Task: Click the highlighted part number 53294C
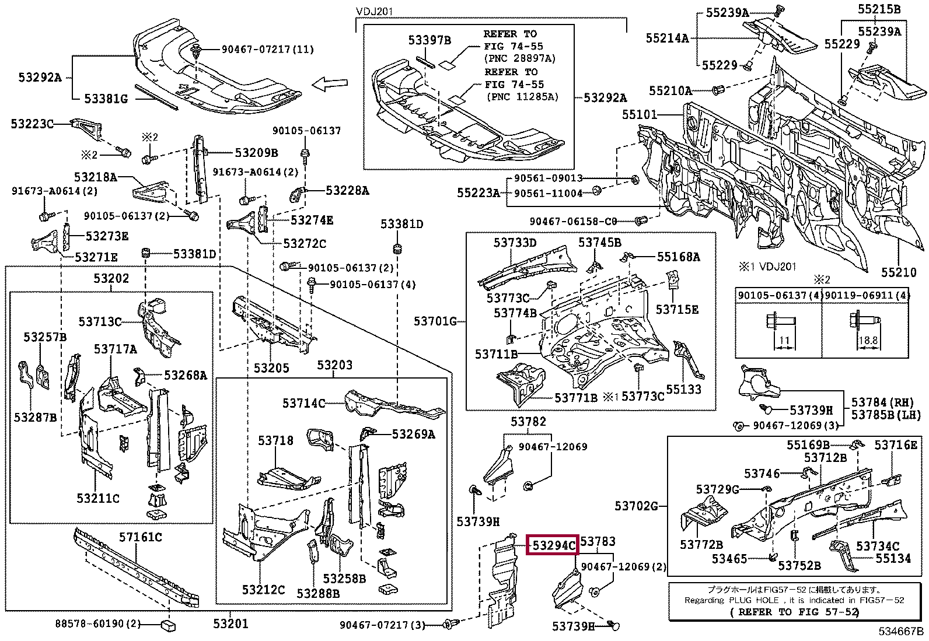(x=551, y=545)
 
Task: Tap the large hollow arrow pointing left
(x=330, y=85)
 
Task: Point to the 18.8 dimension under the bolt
(x=868, y=341)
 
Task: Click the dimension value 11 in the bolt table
(x=784, y=341)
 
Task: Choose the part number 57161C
(x=141, y=537)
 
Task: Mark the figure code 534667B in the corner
(x=902, y=631)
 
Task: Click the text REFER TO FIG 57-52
(x=794, y=612)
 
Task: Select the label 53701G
(x=435, y=320)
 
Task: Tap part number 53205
(x=271, y=368)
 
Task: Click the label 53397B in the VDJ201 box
(x=429, y=40)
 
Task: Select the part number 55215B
(x=879, y=9)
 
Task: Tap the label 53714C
(x=303, y=403)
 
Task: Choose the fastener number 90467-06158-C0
(x=574, y=221)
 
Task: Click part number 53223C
(x=32, y=124)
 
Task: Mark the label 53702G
(x=636, y=506)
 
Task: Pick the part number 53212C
(x=263, y=590)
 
